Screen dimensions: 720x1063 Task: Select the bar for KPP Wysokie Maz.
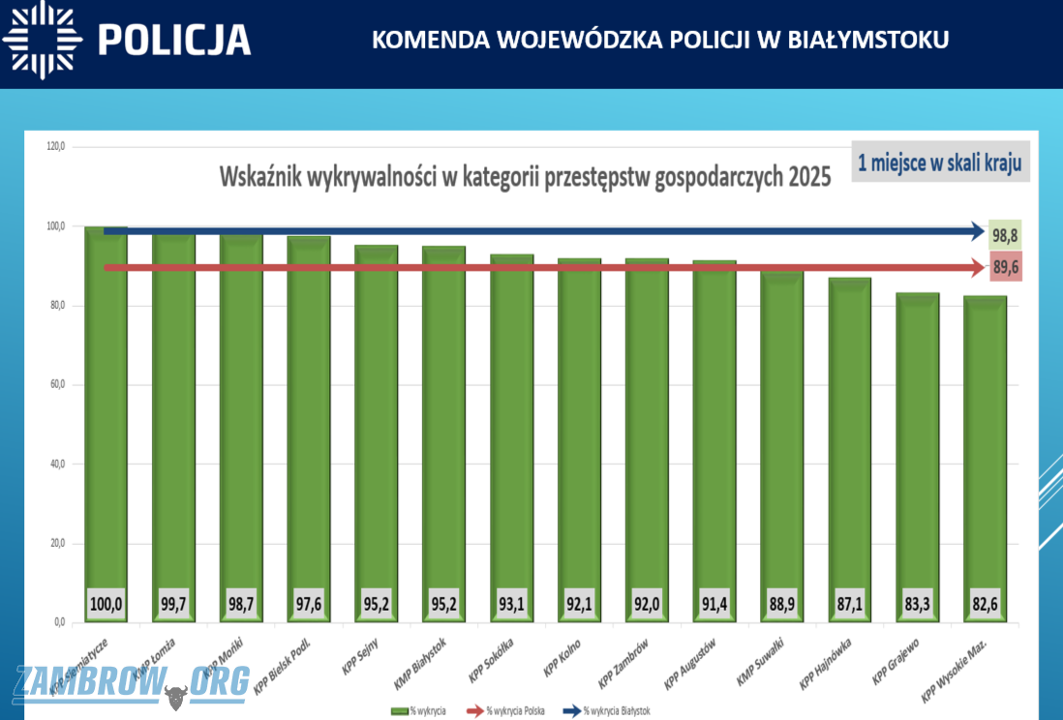pos(986,435)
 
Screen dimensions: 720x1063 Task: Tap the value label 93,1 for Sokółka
pos(511,603)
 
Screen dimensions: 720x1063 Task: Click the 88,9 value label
pos(782,603)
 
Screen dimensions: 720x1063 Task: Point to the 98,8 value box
pos(1007,234)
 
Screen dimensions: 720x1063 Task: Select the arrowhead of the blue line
pos(979,231)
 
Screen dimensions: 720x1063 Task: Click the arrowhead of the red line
pos(979,267)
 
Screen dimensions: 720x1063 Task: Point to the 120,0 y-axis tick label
pos(54,147)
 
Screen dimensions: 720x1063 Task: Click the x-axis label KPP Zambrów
pos(623,663)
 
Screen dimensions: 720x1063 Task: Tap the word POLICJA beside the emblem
pos(174,41)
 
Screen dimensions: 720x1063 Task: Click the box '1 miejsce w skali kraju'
pos(939,163)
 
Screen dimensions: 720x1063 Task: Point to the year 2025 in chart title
pos(808,178)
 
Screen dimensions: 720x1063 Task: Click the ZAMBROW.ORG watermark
pos(131,683)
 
